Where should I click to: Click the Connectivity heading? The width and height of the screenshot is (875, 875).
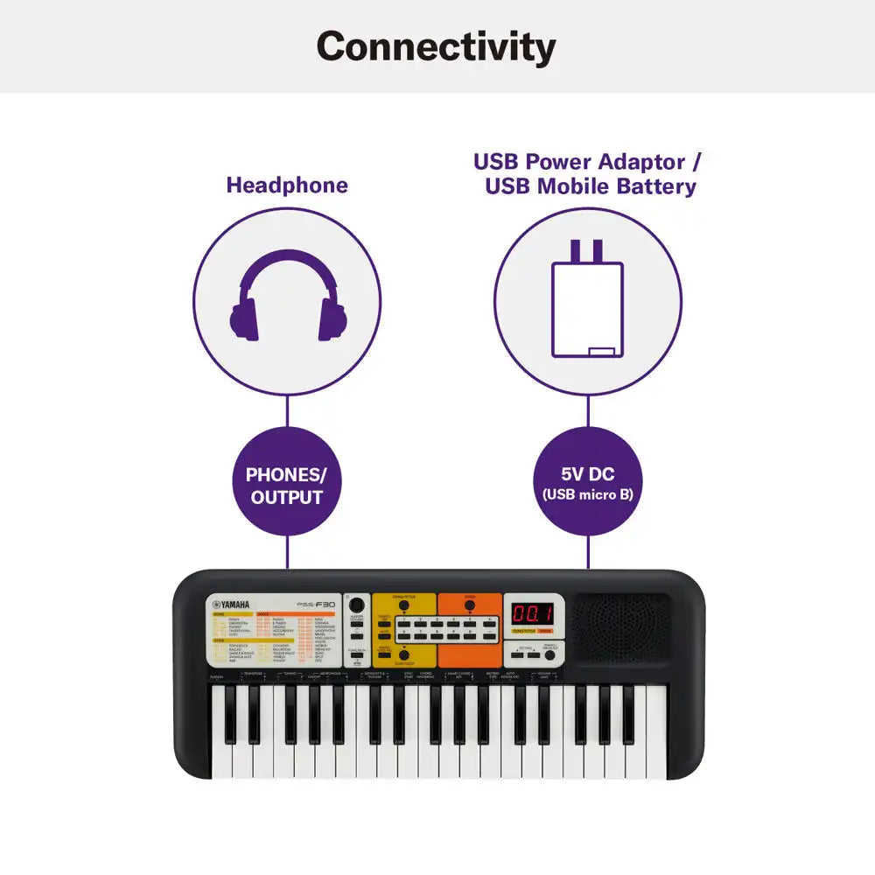point(436,46)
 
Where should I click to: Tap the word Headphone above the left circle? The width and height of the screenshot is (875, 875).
point(287,185)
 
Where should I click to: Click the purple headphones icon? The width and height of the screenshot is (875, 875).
point(287,296)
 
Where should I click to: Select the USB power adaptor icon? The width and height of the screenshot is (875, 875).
point(587,299)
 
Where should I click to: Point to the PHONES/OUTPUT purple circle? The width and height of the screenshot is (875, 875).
point(287,486)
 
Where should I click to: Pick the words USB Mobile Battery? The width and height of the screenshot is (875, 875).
point(591,186)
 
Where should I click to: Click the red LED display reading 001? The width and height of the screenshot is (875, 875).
point(532,614)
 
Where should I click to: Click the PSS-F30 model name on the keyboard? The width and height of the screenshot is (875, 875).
point(317,604)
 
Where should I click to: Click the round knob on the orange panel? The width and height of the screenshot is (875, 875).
point(470,605)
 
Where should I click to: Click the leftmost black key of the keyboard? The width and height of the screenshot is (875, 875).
point(231,713)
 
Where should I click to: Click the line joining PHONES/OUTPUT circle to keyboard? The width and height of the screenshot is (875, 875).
point(287,553)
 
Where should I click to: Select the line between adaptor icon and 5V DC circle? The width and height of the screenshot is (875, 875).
point(587,411)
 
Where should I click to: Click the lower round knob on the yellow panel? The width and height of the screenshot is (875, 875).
point(404,655)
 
